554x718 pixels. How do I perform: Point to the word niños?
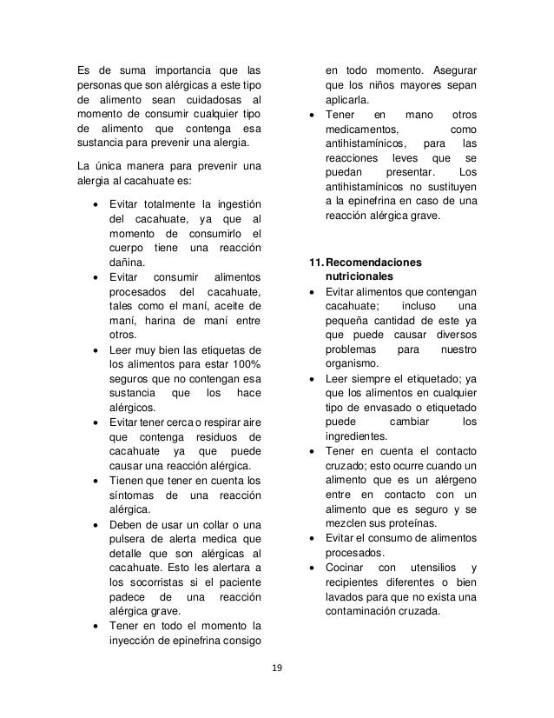click(x=376, y=85)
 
